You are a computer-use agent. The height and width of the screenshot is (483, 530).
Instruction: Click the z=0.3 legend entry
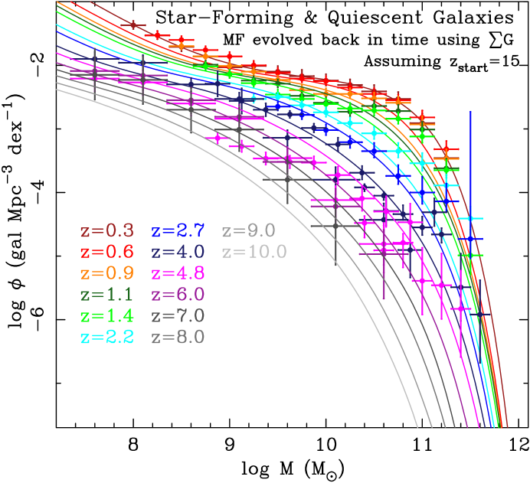[107, 230]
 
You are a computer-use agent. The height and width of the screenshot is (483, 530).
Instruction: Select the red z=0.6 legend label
[107, 252]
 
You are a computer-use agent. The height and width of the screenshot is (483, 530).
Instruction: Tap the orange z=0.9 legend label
[107, 273]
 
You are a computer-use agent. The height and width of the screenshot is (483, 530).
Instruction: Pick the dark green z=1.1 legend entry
[107, 295]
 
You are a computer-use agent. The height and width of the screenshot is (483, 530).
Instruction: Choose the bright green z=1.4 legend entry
[107, 316]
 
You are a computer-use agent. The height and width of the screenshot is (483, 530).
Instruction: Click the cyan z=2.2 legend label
[107, 338]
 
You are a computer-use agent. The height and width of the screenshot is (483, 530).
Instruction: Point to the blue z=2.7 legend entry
[178, 230]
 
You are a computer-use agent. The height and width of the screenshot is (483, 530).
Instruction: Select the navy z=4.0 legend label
[178, 252]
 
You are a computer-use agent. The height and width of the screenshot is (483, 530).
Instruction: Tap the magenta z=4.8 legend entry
[178, 273]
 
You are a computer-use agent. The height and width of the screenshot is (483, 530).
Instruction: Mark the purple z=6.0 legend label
[178, 295]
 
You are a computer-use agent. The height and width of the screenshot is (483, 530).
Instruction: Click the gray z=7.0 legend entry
[178, 316]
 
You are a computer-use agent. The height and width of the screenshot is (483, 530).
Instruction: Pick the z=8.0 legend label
[178, 338]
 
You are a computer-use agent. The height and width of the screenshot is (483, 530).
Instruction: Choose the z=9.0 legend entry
[248, 230]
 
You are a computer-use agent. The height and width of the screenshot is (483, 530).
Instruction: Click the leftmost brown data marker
[133, 25]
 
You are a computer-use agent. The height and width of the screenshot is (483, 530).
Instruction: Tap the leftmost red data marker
[157, 35]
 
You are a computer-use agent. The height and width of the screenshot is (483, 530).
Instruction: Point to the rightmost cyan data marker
[475, 219]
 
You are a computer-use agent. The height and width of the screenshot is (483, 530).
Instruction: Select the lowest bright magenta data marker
[460, 309]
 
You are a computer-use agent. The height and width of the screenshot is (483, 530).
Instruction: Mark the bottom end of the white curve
[417, 427]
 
